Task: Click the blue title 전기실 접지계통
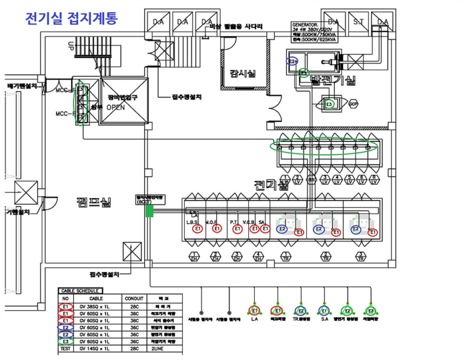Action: (x=71, y=18)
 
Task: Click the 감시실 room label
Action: (x=243, y=73)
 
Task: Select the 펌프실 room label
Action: (x=94, y=202)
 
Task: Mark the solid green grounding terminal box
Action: (x=149, y=211)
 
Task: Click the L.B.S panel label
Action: (x=193, y=222)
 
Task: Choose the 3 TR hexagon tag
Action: (x=361, y=257)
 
